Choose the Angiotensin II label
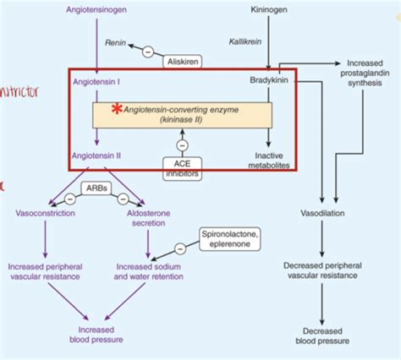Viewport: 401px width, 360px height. (96, 155)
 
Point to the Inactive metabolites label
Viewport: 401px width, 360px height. (268, 161)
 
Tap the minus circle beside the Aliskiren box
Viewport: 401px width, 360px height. (148, 52)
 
